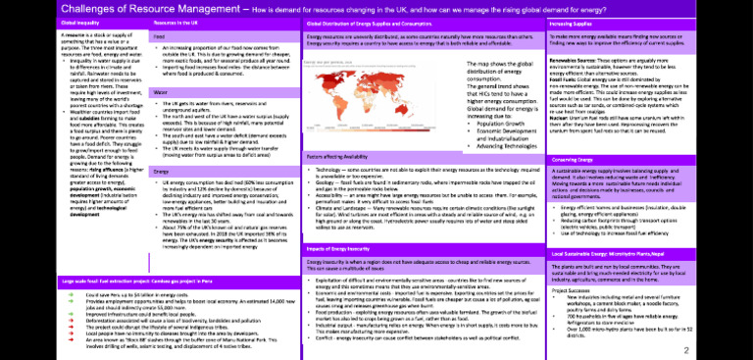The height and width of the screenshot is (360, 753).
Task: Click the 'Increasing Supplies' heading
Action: [x=577, y=22]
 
